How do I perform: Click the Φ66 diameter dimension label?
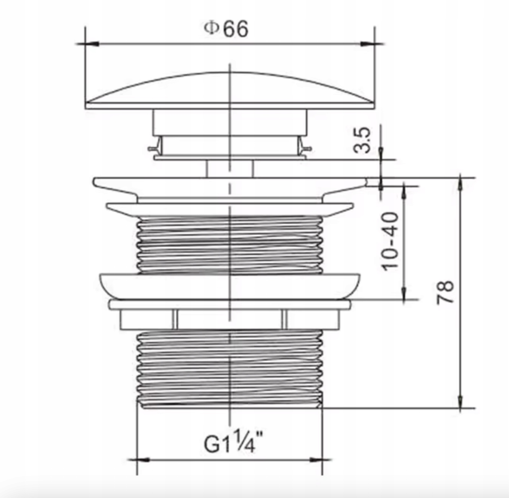(x=226, y=29)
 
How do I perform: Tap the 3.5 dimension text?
(x=362, y=140)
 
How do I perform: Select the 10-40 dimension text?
(x=390, y=242)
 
